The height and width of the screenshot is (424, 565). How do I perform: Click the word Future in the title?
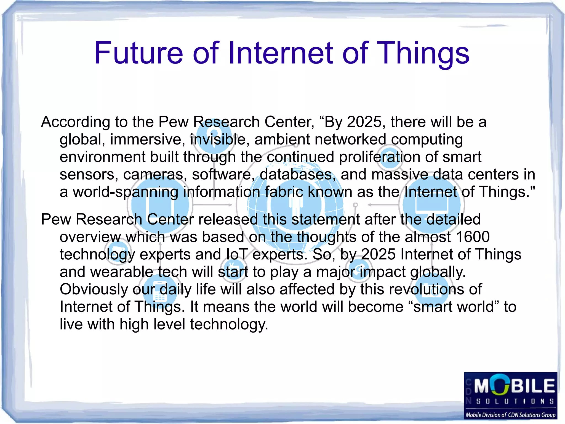pyautogui.click(x=138, y=53)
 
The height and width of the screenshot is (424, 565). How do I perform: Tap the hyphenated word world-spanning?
pyautogui.click(x=126, y=192)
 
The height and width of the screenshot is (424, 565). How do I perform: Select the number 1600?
pyautogui.click(x=473, y=237)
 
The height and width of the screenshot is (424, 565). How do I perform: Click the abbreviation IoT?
pyautogui.click(x=237, y=254)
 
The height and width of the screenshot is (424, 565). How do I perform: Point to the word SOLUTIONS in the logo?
pyautogui.click(x=515, y=401)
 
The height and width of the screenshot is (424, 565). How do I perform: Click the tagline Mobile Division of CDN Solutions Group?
pyautogui.click(x=510, y=415)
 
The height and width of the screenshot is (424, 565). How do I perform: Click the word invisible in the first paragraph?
pyautogui.click(x=218, y=139)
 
